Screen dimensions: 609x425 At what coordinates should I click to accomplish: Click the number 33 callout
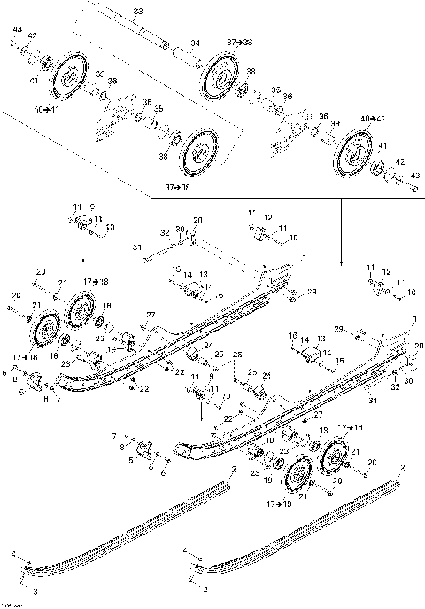click(137, 11)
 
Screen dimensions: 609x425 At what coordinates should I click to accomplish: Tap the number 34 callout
click(195, 43)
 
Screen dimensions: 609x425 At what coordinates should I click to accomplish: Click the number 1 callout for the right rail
click(413, 317)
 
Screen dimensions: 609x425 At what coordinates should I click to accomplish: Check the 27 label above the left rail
click(151, 315)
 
